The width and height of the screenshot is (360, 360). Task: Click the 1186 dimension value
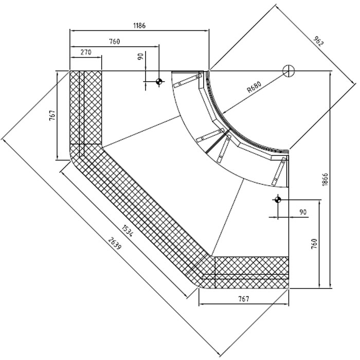point(139,25)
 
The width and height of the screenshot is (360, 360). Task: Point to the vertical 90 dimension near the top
point(140,57)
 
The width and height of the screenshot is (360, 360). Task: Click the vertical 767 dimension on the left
point(52,115)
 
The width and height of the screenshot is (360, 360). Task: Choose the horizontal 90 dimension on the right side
point(302,212)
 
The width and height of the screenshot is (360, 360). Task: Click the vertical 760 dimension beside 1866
point(314,243)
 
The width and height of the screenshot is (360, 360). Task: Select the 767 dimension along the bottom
point(244,299)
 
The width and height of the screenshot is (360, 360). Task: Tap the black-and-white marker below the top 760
point(159,81)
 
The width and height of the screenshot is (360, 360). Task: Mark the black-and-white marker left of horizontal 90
point(278,200)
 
